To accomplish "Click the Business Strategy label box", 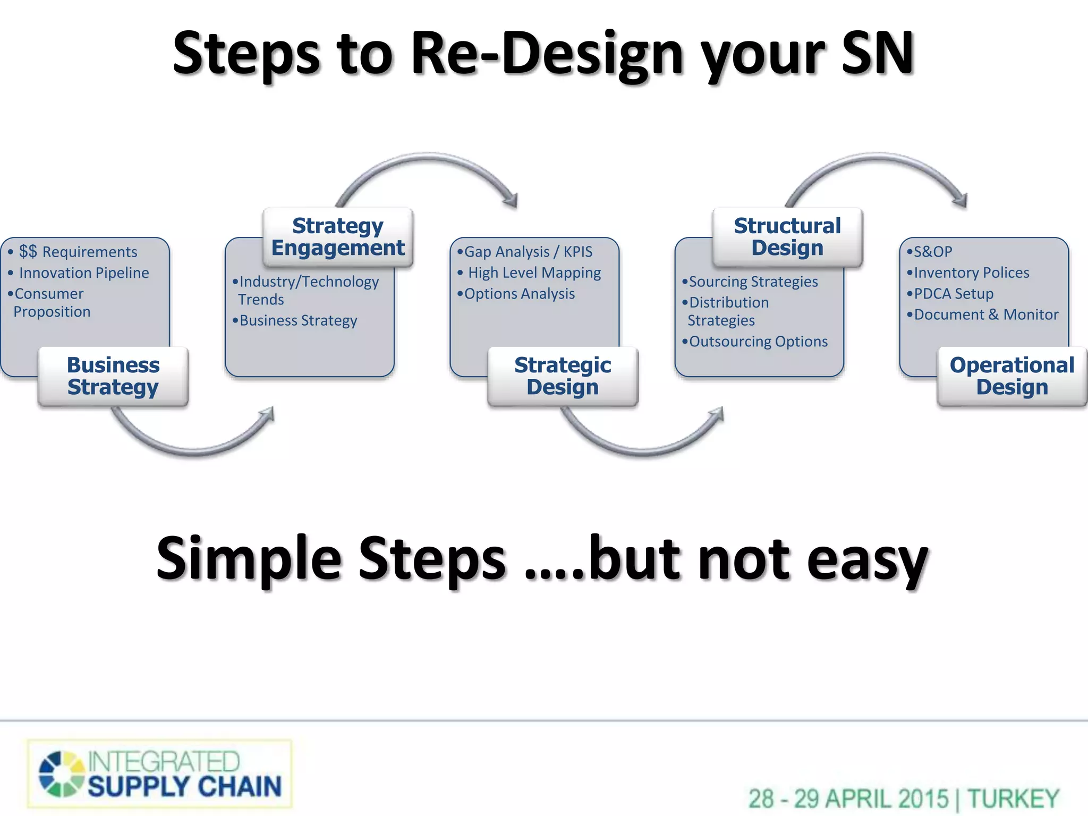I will point(113,376).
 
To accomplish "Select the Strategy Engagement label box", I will point(338,237).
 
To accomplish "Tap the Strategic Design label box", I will point(563,376).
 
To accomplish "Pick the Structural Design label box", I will point(787,237).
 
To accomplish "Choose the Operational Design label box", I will point(1012,376).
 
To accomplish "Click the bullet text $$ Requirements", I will point(78,252).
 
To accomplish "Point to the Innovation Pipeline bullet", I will point(84,273).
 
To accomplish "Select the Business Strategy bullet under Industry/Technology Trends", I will point(298,321).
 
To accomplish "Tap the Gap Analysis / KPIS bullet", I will point(528,252).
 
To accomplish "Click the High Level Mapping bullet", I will point(534,273).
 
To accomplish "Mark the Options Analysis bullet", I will point(519,294).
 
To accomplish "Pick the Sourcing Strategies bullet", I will point(753,282).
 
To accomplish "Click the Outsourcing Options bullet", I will point(758,342).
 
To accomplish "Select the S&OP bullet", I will point(932,252).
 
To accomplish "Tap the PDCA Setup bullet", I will point(953,294).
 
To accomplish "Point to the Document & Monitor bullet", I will point(986,315).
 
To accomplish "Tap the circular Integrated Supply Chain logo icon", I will point(61,774).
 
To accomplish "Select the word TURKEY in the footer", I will point(1013,799).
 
